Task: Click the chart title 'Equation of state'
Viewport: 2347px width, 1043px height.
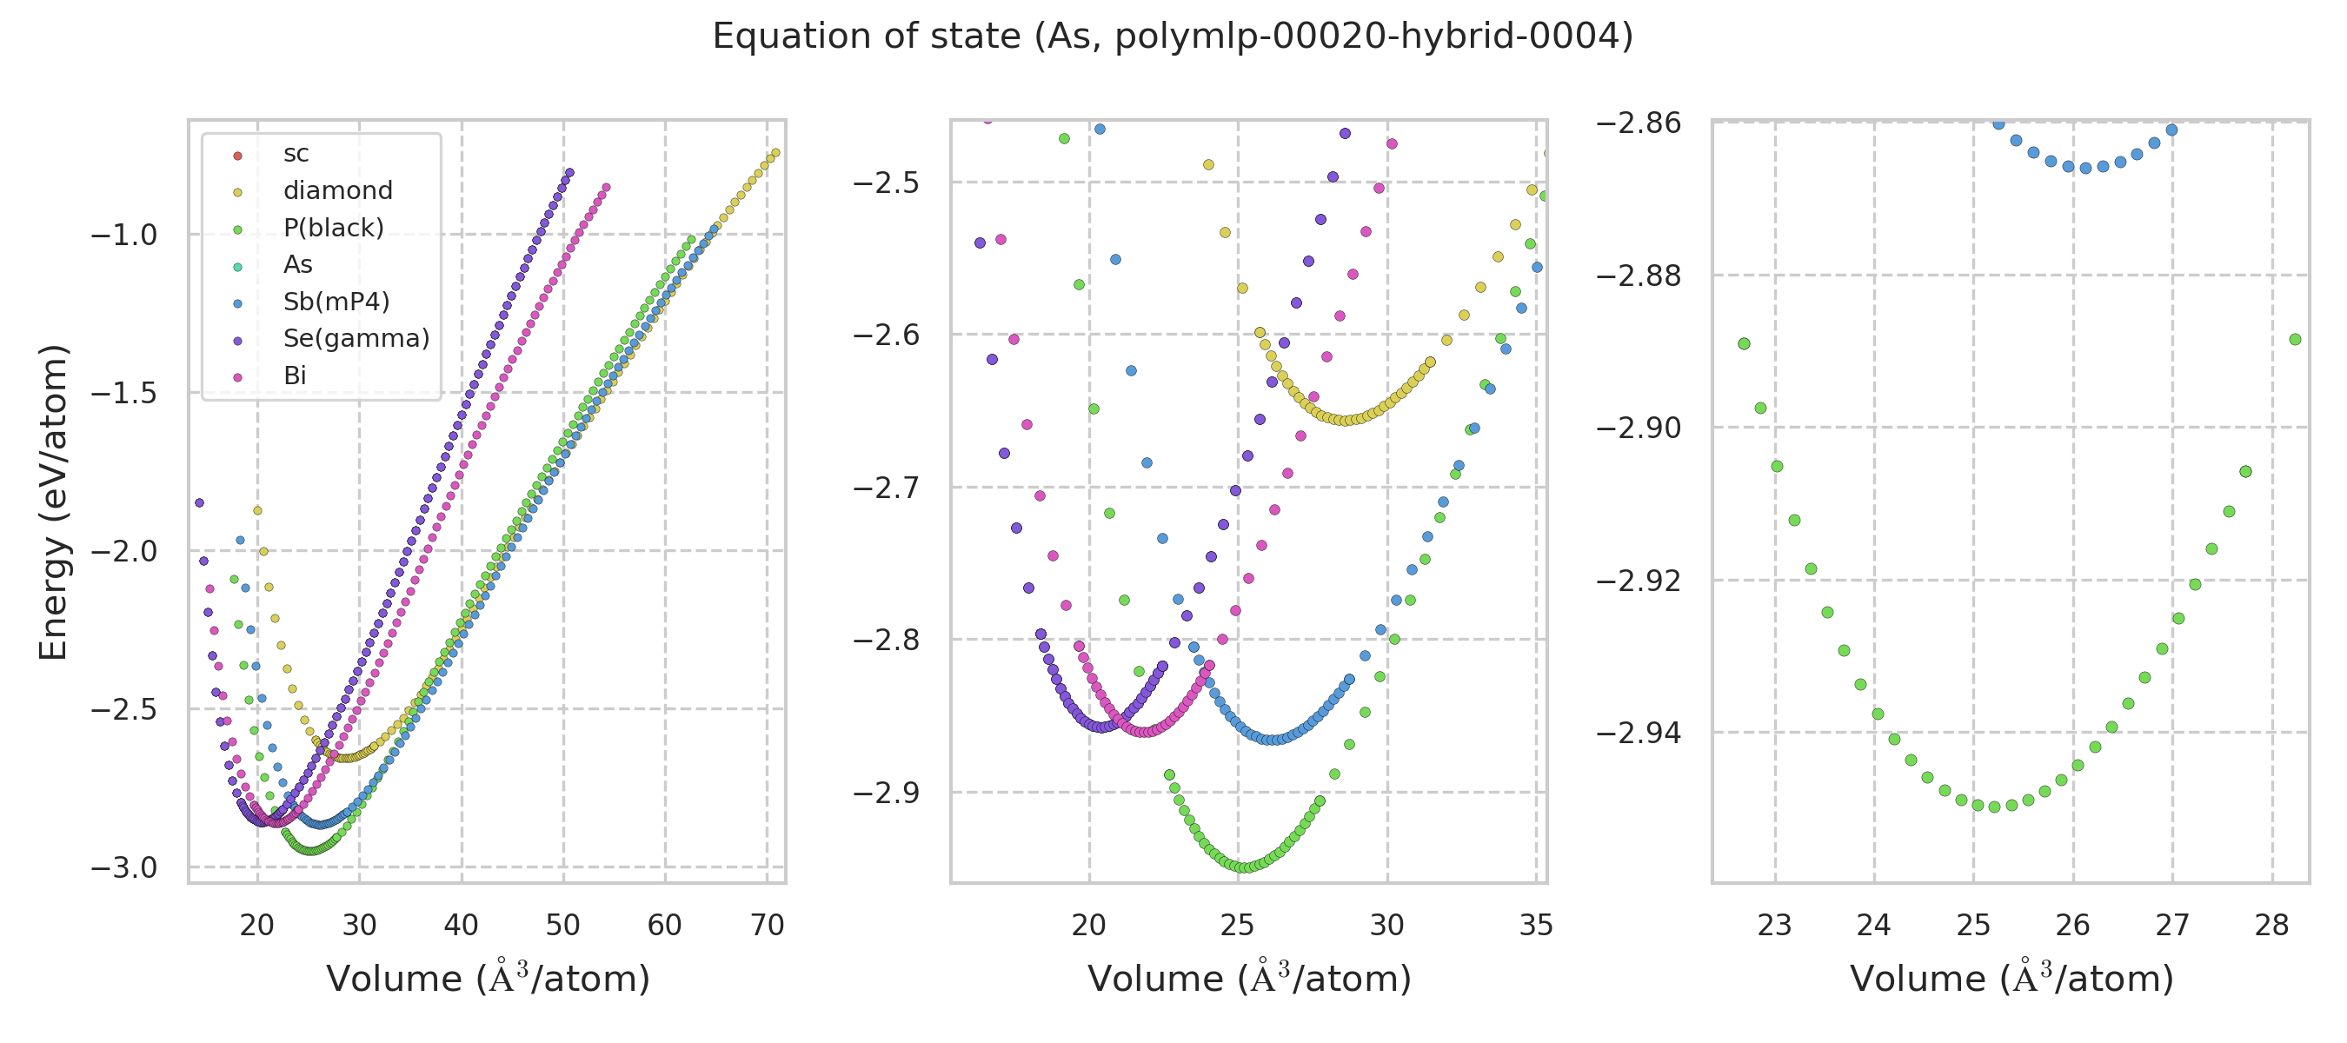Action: coord(1173,37)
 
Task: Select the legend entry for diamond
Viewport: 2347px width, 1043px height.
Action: coord(337,190)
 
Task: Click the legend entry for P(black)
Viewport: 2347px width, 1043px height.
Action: coord(334,228)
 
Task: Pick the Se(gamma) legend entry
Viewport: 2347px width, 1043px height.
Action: coord(356,339)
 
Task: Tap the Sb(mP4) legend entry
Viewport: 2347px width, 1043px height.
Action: coord(336,302)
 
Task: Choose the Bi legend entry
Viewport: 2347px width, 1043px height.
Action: coord(296,376)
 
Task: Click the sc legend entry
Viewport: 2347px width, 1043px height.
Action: coord(296,154)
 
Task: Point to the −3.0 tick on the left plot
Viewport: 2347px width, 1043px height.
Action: coord(124,868)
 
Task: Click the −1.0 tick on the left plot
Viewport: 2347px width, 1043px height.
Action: coord(124,235)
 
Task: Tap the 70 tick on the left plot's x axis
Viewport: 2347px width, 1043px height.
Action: coord(768,926)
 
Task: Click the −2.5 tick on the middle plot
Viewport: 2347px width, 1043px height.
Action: coord(886,183)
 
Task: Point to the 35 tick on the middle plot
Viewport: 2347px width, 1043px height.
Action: coord(1536,926)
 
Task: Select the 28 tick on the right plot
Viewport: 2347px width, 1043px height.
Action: coord(2271,926)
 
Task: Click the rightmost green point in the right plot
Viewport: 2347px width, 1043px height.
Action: coord(2295,340)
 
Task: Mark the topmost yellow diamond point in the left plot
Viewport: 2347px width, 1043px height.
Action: coord(775,153)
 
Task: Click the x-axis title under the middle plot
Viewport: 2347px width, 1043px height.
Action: coord(1249,979)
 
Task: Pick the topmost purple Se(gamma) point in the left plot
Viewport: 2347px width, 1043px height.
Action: coord(569,172)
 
